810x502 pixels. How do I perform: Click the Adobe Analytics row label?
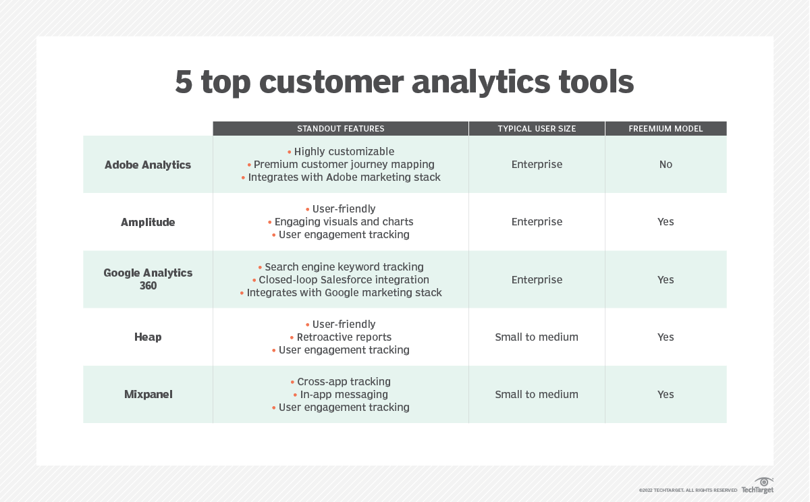point(148,165)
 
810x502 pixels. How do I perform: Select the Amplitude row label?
point(148,222)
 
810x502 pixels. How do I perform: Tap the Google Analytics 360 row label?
point(148,279)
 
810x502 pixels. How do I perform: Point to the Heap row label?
point(148,337)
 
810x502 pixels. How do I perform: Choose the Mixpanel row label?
point(148,394)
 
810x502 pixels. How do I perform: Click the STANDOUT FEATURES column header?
point(341,129)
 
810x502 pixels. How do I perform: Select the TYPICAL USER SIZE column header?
point(537,129)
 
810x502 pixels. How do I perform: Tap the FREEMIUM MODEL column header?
point(666,129)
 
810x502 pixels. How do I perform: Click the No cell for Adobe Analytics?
point(666,165)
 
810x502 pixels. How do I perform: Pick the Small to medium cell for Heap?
point(537,337)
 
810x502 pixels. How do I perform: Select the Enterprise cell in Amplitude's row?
point(537,222)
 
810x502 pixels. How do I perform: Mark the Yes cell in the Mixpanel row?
point(666,394)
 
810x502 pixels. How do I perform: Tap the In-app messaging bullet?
point(344,394)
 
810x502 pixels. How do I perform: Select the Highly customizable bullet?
point(344,152)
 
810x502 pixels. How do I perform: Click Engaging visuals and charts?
point(344,222)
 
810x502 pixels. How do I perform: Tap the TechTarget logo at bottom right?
point(758,486)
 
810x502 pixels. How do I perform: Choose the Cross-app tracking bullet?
point(344,382)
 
